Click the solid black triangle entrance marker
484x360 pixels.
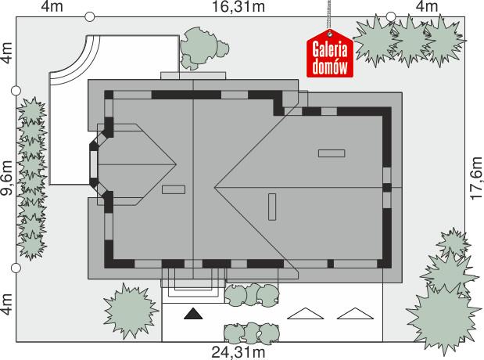(193, 315)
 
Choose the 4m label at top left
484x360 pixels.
(52, 8)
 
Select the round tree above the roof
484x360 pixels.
(201, 49)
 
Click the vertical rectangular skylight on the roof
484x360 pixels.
(271, 207)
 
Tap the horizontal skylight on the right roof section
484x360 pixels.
(332, 153)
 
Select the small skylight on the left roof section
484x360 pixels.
(173, 189)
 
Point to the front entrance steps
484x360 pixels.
(194, 280)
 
